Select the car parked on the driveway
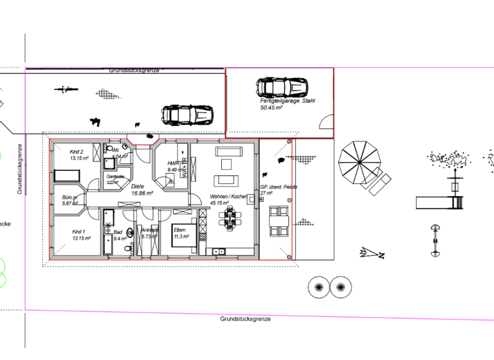tap(187, 115)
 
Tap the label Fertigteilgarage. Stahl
tap(288, 104)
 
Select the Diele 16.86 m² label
tap(142, 190)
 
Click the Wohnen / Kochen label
tap(228, 199)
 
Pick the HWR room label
tap(174, 167)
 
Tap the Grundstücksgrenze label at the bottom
tap(245, 319)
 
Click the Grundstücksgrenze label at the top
tap(134, 70)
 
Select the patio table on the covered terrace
tap(278, 221)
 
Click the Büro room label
tap(70, 200)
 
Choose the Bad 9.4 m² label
tap(118, 235)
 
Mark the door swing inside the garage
tap(327, 122)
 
